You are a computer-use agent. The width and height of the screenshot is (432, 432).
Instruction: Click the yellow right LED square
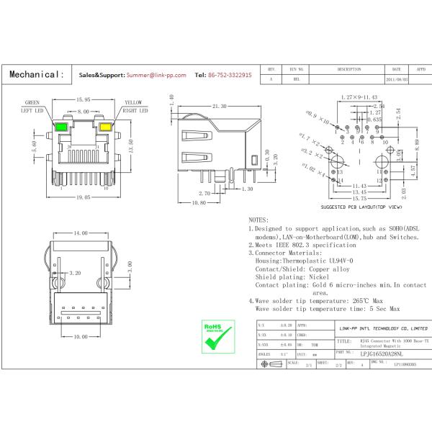[x=106, y=129]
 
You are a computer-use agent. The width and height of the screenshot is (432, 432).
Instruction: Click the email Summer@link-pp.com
[x=156, y=75]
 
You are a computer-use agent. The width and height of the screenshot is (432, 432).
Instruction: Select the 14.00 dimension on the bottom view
[x=79, y=233]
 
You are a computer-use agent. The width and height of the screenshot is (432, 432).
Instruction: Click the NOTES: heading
[x=258, y=219]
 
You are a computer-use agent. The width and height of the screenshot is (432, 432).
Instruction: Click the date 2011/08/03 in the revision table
[x=396, y=79]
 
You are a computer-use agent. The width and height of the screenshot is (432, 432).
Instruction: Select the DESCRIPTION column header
[x=348, y=69]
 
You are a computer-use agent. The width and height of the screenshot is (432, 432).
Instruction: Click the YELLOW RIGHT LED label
[x=134, y=107]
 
